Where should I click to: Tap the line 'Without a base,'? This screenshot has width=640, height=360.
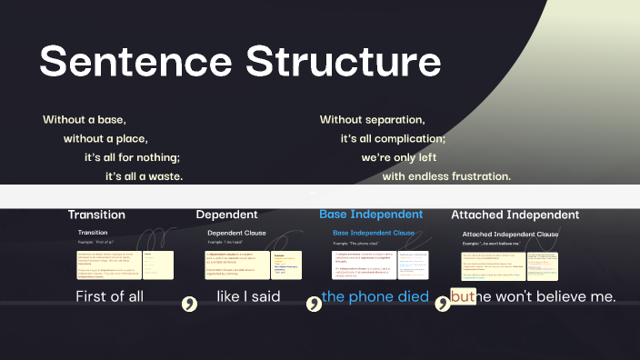click(x=84, y=120)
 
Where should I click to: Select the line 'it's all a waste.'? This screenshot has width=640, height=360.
click(x=144, y=175)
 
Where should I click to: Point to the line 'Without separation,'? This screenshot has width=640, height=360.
click(x=372, y=120)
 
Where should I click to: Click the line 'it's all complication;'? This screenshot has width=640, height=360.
click(x=393, y=139)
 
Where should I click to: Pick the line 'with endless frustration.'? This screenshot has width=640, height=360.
click(x=446, y=176)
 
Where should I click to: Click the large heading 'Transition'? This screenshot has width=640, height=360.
click(x=96, y=215)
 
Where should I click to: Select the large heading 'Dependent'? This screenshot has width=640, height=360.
click(x=226, y=215)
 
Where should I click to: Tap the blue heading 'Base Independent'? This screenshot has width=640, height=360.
click(x=371, y=215)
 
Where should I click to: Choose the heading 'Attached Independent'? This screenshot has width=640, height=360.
click(x=515, y=215)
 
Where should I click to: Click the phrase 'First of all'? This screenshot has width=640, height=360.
click(x=109, y=296)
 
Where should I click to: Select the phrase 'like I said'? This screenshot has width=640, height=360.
click(x=248, y=296)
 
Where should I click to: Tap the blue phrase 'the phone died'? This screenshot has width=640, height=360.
click(x=375, y=296)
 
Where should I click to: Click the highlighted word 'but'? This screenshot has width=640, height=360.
click(x=463, y=296)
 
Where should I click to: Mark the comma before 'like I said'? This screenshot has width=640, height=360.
click(x=190, y=304)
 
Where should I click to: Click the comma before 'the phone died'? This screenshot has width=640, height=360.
click(x=313, y=304)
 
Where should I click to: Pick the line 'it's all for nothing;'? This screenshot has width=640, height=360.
click(x=132, y=157)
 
